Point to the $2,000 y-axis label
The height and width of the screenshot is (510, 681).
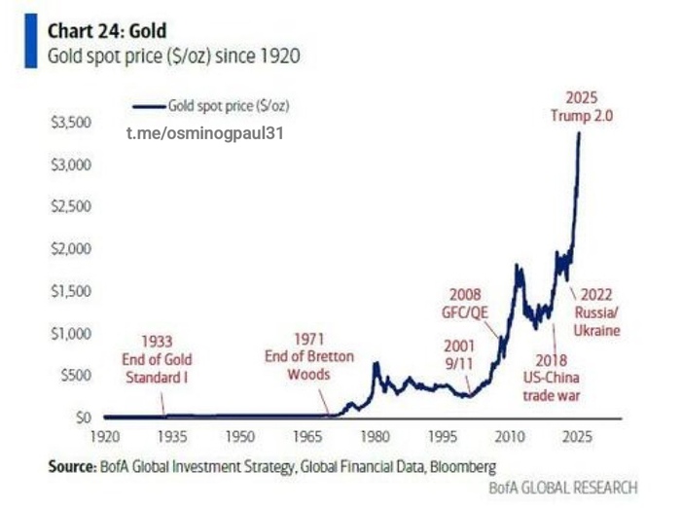coord(70,249)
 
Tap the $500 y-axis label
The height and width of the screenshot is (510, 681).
coord(75,376)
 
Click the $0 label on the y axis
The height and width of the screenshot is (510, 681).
coord(84,418)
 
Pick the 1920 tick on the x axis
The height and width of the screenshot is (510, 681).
coord(104,436)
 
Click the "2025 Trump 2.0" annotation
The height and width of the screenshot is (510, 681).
coord(582,106)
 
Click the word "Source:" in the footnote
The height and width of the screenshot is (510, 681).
coord(70,466)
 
